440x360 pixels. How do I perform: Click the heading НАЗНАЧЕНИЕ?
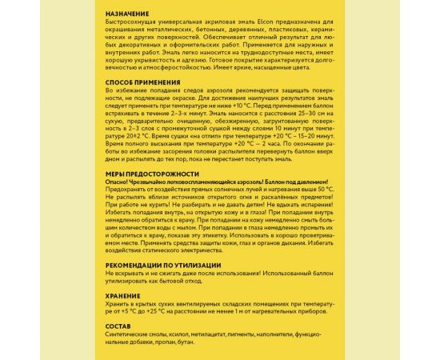point(127,16)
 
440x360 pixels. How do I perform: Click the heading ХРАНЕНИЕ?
point(122,295)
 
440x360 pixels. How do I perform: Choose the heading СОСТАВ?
point(117,327)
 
